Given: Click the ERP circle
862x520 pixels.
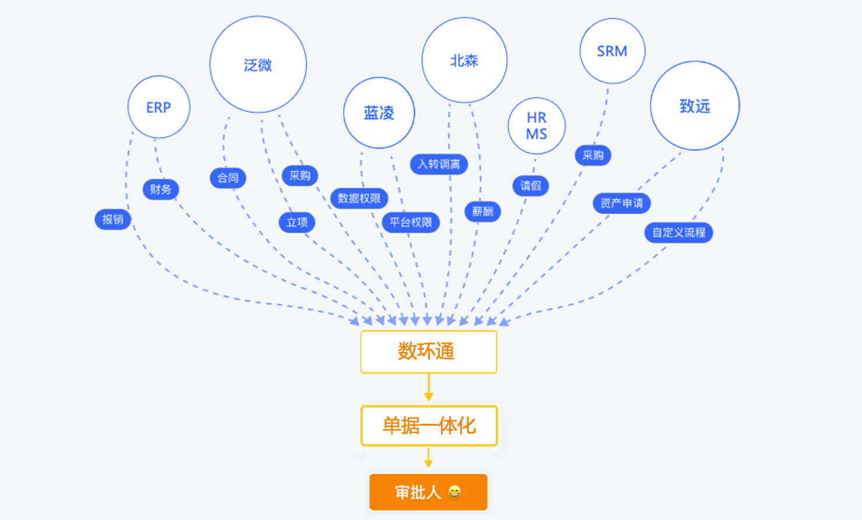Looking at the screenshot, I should pos(159,107).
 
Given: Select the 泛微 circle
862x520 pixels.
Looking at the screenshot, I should pos(258,65).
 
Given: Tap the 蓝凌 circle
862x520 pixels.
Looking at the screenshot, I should pos(379,113).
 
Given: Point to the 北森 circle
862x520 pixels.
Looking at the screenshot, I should pos(464,60).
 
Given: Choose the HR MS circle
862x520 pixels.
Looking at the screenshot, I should pos(537,126).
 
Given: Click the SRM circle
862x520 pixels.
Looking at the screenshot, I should pos(612,51).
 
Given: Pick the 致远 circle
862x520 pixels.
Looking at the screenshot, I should pos(695,106).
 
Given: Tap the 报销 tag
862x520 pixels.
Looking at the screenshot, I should pos(113,220).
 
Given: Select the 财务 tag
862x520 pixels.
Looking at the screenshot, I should pos(160,189).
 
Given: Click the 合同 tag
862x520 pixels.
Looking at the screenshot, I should pos(227,178).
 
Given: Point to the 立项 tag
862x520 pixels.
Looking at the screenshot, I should pos(297,222).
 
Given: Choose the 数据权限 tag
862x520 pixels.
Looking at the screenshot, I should pos(359,199).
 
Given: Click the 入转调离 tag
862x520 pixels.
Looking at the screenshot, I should pos(439,164).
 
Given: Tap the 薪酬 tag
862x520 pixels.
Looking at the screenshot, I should pos(482,212).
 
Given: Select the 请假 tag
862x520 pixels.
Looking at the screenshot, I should pos(531,186).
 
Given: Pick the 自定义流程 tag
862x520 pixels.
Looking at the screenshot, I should pos(678,233).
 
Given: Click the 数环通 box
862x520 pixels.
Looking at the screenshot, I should pos(429,352).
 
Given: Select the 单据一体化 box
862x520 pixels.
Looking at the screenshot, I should pos(429,426).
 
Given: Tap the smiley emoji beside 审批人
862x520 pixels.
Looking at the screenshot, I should pos(455,492).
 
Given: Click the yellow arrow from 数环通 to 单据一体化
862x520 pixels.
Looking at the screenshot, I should pos(429,388).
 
